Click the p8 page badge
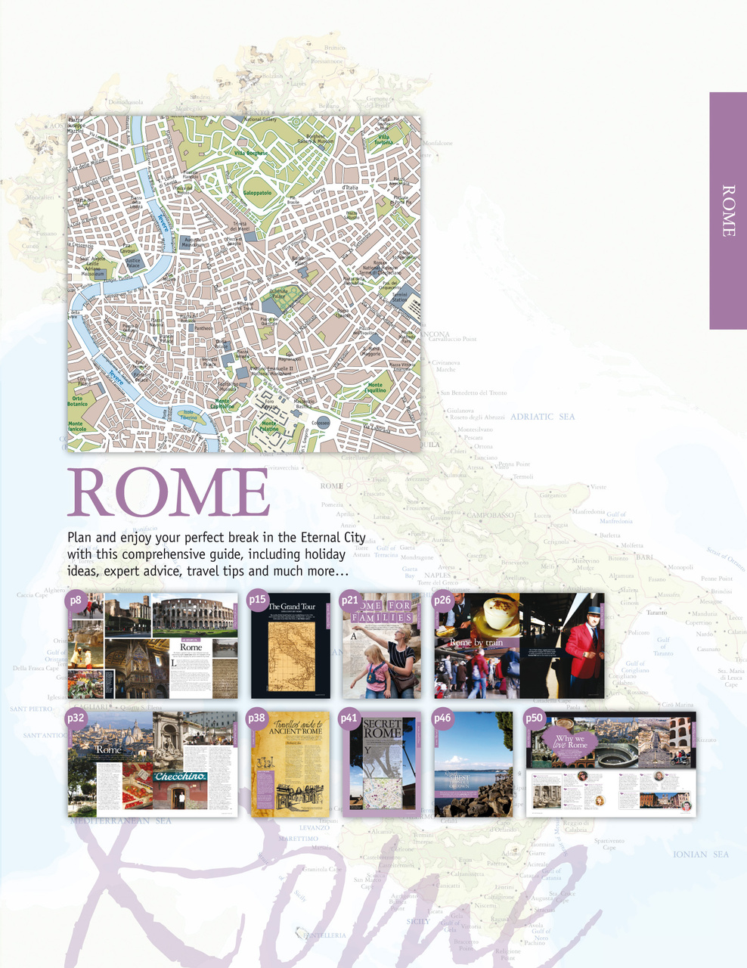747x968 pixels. point(76,601)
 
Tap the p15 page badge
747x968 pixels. point(258,600)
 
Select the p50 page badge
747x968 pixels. point(535,718)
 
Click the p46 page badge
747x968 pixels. point(442,718)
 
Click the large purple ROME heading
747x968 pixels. point(169,492)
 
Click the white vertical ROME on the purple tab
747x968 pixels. point(728,211)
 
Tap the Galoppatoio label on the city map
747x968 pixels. point(257,193)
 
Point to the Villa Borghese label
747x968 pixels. point(250,154)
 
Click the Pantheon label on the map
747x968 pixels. point(203,328)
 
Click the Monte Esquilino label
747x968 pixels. point(375,388)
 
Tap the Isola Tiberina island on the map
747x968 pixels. point(189,417)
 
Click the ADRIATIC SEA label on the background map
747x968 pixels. point(542,417)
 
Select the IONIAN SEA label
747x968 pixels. point(701,855)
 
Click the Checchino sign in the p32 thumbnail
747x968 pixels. point(181,777)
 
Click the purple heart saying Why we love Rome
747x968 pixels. point(570,741)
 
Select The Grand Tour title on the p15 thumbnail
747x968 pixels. point(292,607)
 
